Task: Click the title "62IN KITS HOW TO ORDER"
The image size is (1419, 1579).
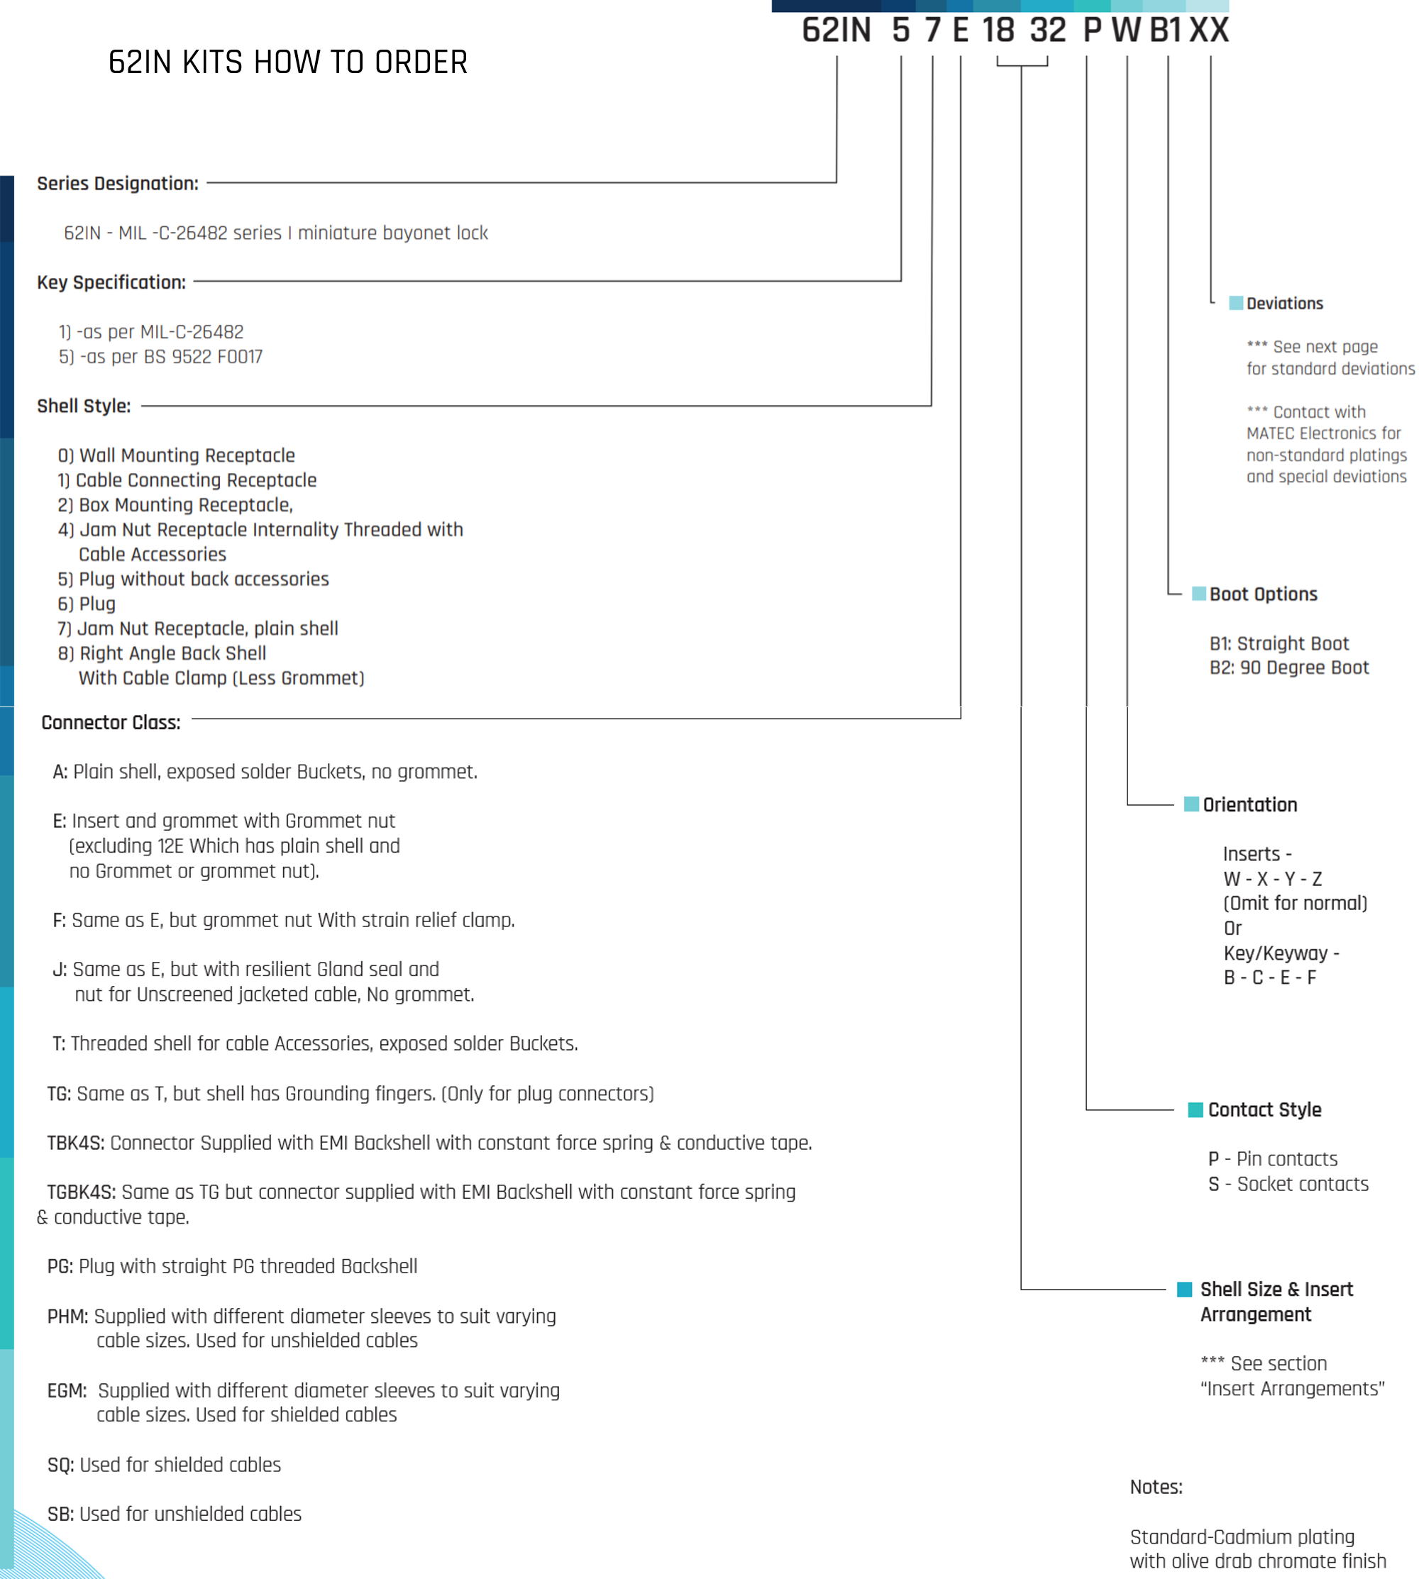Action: click(287, 62)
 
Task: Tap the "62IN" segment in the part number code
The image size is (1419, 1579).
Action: click(837, 31)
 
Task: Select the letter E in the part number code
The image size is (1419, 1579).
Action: click(961, 31)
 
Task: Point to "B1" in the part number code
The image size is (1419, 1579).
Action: click(1166, 31)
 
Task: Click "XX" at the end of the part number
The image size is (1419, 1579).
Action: click(1209, 31)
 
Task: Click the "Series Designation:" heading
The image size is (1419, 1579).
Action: click(118, 183)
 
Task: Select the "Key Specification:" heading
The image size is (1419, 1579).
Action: click(111, 282)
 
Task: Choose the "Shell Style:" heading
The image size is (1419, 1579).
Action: click(84, 406)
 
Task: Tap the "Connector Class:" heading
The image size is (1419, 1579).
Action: click(111, 723)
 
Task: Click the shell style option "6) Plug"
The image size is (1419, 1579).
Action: click(87, 604)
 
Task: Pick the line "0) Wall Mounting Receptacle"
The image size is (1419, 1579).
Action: click(176, 455)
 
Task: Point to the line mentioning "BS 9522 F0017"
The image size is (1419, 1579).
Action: click(160, 357)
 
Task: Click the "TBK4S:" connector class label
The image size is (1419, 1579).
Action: click(76, 1143)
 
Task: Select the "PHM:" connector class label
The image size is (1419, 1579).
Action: click(68, 1317)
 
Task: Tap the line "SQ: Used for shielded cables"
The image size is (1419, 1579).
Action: click(164, 1466)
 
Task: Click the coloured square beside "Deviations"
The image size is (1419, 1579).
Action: click(1236, 303)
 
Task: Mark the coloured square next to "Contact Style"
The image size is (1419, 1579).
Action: click(1196, 1110)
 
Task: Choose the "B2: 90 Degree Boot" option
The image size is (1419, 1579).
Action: click(1288, 668)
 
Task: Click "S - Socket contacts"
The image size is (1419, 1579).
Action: click(1288, 1184)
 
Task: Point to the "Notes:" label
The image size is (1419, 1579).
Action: click(1156, 1487)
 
